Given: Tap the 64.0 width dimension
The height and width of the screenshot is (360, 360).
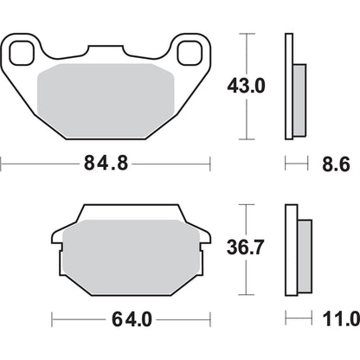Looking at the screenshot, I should tap(132, 317).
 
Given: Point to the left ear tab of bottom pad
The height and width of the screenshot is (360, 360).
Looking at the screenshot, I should tap(61, 235).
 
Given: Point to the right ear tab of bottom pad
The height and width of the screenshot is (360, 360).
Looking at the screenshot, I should tap(201, 235).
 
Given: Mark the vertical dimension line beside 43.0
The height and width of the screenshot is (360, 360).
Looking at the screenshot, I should tap(249, 87).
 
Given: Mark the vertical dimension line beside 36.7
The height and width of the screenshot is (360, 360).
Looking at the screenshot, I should tap(249, 247).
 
